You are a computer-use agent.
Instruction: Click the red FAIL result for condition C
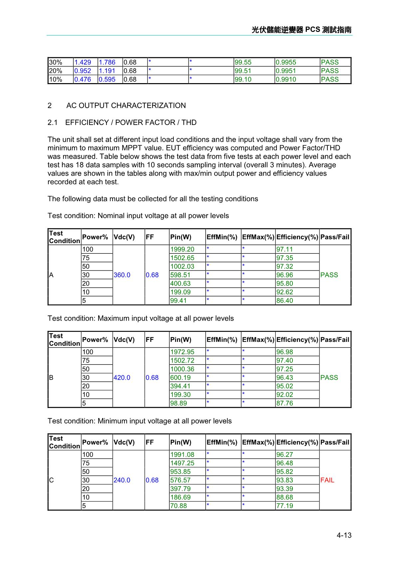327,480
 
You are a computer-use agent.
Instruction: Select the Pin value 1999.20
182,249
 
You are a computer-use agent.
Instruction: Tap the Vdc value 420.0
122,377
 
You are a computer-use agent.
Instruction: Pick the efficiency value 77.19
285,505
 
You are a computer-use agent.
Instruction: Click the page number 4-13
344,535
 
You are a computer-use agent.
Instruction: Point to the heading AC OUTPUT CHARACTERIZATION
126,105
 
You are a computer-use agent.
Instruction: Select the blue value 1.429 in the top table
83,62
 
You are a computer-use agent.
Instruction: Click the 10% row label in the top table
56,79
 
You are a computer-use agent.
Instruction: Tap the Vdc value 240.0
122,480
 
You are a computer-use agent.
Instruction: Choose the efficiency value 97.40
285,360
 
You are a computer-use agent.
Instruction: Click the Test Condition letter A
51,275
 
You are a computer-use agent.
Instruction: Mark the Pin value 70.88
178,505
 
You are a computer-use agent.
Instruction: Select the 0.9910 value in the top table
286,79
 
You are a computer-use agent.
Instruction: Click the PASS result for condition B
329,377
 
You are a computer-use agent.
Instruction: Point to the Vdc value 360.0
122,275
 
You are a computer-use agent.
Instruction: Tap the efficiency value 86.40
285,300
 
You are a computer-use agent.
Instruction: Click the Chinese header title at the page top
301,30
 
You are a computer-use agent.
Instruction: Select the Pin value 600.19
180,377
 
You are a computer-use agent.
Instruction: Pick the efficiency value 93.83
285,480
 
